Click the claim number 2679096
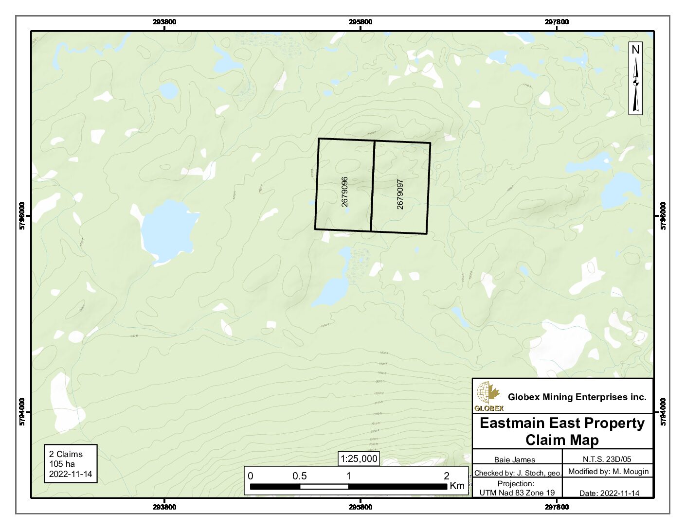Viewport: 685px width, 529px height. pyautogui.click(x=345, y=192)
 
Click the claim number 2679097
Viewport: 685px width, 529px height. pyautogui.click(x=400, y=194)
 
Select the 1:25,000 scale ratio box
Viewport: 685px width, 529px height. pyautogui.click(x=359, y=458)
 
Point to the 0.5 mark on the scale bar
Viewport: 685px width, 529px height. pyautogui.click(x=300, y=476)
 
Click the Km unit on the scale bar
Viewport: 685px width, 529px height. pyautogui.click(x=457, y=486)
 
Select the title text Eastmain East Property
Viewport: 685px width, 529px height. pyautogui.click(x=562, y=423)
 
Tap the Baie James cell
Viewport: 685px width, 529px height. pyautogui.click(x=514, y=459)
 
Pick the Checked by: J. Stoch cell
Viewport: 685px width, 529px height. pyautogui.click(x=518, y=473)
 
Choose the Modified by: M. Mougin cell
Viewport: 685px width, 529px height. pyautogui.click(x=608, y=471)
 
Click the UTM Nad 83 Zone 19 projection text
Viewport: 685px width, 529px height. pyautogui.click(x=517, y=493)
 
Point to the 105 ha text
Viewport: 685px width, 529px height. pyautogui.click(x=62, y=464)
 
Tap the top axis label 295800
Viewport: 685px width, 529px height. pyautogui.click(x=361, y=22)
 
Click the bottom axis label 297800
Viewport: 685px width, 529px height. pyautogui.click(x=557, y=507)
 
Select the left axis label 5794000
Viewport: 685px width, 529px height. pyautogui.click(x=23, y=412)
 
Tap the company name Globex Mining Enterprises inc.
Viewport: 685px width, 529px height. pyautogui.click(x=577, y=397)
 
